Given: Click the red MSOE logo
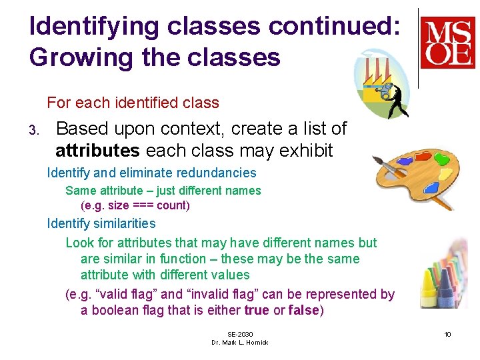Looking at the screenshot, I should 447,43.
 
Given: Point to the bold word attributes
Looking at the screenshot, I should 97,151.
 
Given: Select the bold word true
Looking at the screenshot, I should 257,310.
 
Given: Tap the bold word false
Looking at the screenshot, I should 303,310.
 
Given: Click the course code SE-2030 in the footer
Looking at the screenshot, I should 240,334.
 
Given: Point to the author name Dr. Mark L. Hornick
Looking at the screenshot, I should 240,342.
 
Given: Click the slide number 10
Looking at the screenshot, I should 447,334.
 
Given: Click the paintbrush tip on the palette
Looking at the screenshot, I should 376,161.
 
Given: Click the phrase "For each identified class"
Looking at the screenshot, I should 133,103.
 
